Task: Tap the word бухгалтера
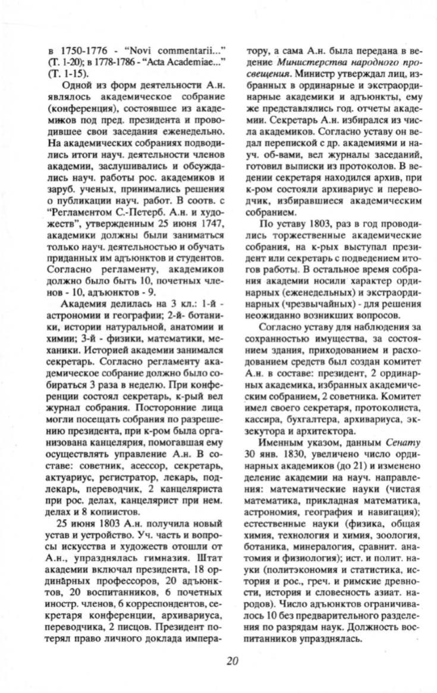click(x=313, y=420)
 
